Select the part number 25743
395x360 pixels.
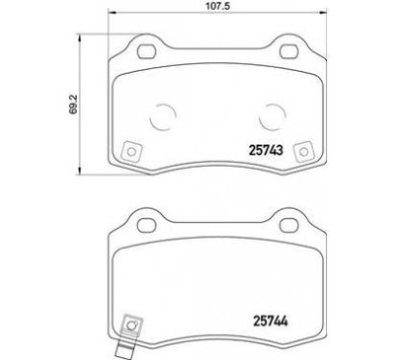click(x=262, y=151)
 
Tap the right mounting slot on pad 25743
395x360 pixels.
click(x=291, y=51)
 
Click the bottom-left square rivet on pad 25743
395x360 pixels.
click(x=127, y=150)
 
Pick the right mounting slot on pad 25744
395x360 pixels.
click(x=291, y=219)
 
